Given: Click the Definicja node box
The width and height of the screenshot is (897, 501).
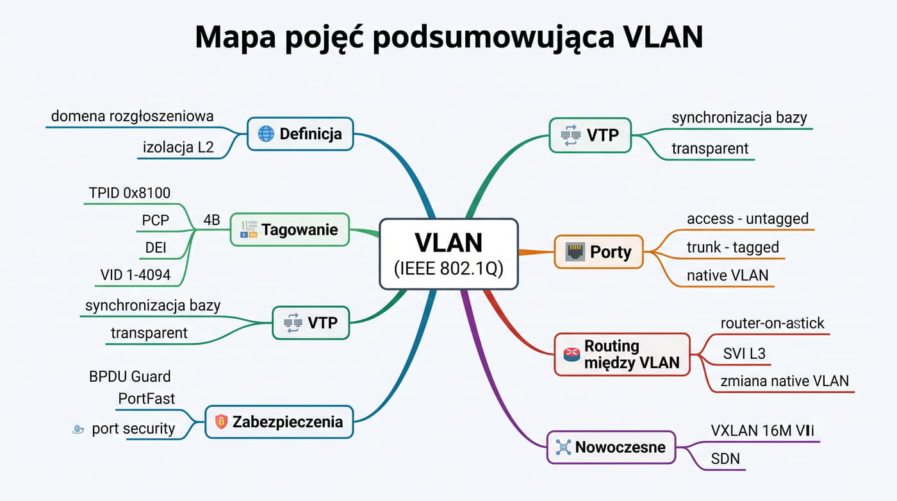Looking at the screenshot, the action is pyautogui.click(x=300, y=134).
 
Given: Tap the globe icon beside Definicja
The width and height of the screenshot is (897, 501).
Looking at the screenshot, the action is pyautogui.click(x=266, y=134).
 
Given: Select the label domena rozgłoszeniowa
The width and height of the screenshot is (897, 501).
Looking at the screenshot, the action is pyautogui.click(x=132, y=116).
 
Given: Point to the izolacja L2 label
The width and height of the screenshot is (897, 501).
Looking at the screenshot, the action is pyautogui.click(x=178, y=147).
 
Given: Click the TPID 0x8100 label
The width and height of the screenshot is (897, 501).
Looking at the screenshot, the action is pyautogui.click(x=129, y=193).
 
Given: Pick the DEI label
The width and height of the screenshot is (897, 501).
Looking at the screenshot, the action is pyautogui.click(x=155, y=248).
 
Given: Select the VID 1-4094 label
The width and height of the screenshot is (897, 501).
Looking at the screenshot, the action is pyautogui.click(x=135, y=275).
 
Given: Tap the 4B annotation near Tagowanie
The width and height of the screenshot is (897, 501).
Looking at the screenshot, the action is pyautogui.click(x=212, y=219).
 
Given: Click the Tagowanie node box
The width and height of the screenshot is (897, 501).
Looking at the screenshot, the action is pyautogui.click(x=290, y=230).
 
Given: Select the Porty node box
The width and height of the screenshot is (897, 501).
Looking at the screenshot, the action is pyautogui.click(x=598, y=251).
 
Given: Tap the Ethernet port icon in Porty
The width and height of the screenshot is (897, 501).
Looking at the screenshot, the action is pyautogui.click(x=575, y=251).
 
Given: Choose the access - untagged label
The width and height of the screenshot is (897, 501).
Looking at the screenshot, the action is pyautogui.click(x=748, y=219).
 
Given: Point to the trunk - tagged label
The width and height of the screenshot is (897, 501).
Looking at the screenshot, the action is pyautogui.click(x=733, y=248).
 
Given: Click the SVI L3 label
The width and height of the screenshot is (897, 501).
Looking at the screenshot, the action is pyautogui.click(x=744, y=353).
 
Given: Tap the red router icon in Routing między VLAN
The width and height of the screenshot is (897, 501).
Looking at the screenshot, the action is pyautogui.click(x=572, y=354).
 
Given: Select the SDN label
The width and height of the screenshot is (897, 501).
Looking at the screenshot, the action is pyautogui.click(x=725, y=459).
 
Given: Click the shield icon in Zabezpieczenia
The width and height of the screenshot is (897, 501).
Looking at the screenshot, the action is pyautogui.click(x=221, y=421).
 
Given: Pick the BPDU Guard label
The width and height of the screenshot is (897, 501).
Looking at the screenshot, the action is pyautogui.click(x=129, y=377).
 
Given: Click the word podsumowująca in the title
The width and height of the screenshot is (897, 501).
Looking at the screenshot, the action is pyautogui.click(x=494, y=37).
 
